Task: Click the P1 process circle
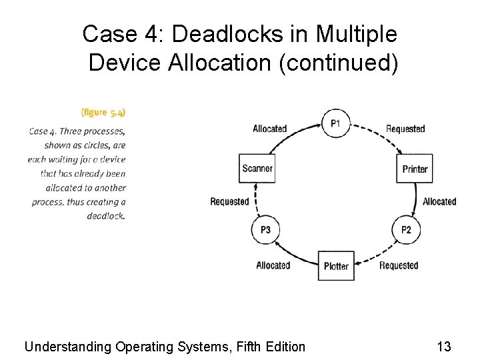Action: pos(335,123)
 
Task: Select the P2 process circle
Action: pos(406,230)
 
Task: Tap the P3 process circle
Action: pos(265,230)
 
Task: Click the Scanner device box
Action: pos(257,169)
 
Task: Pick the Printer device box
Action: pos(415,169)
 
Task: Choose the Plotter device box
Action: pos(336,266)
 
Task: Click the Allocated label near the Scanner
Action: pos(269,129)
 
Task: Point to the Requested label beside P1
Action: pos(405,129)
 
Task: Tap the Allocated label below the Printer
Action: pos(439,201)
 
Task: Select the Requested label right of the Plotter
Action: pos(399,265)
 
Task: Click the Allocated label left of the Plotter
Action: pos(273,265)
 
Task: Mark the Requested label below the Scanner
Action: pos(229,201)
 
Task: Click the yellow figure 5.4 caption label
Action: pos(103,112)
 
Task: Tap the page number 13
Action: pos(443,346)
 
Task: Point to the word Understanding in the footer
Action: pos(67,347)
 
